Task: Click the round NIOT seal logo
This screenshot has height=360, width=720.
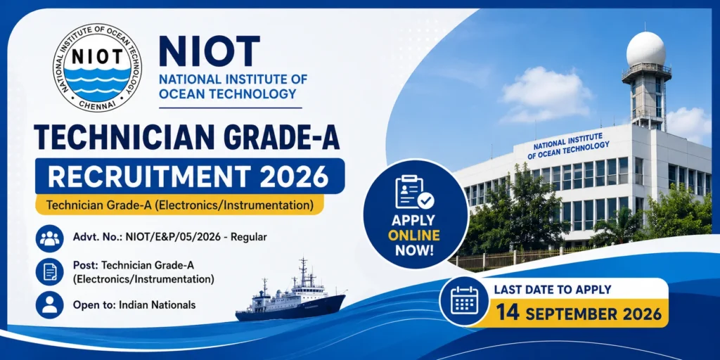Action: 97,67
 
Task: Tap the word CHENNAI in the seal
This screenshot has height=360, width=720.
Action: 97,104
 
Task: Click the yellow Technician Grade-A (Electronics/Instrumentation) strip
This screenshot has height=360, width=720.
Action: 180,205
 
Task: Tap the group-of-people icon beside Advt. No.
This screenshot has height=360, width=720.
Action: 50,238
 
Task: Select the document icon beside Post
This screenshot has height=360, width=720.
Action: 50,271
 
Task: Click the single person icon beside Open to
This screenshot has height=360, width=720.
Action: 50,305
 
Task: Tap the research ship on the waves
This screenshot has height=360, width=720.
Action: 290,295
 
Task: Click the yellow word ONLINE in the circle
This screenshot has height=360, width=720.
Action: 413,236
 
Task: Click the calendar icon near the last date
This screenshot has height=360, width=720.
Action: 464,301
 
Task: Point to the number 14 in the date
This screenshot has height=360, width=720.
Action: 508,314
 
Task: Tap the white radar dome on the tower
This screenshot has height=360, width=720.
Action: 646,49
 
